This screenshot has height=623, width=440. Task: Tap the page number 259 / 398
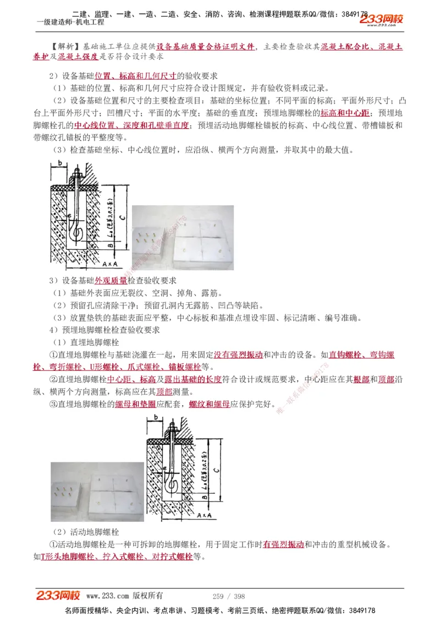point(228,596)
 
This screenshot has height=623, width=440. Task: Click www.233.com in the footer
point(107,596)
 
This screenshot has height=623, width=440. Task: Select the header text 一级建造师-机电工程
point(70,23)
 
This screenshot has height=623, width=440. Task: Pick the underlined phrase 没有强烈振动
point(238,355)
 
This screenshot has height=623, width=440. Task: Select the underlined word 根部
point(361,380)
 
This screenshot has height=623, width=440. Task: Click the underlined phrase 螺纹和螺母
point(209,405)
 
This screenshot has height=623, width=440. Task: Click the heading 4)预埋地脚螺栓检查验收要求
point(104,330)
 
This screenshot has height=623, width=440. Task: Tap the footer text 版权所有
point(148,596)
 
